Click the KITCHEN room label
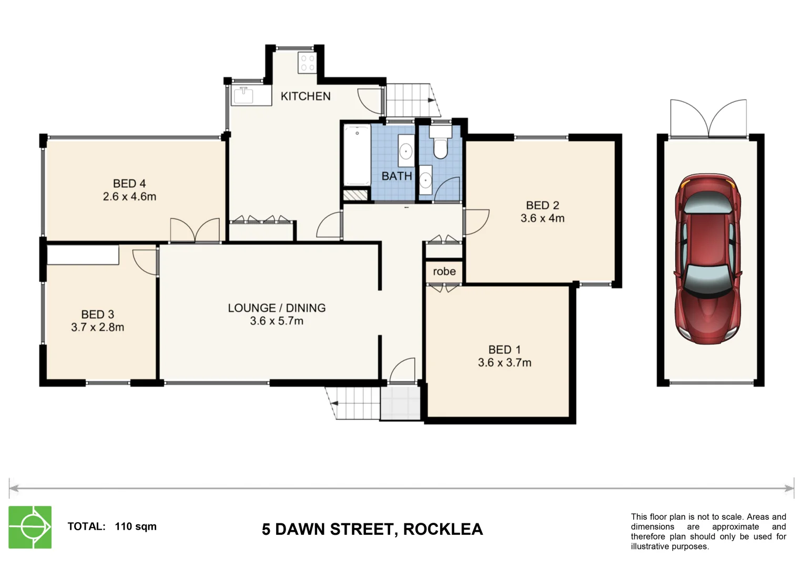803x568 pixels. (305, 96)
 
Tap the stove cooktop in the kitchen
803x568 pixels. (307, 63)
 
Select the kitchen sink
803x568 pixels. (243, 96)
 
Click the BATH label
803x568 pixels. (397, 176)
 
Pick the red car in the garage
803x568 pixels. (709, 259)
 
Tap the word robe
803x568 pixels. (444, 271)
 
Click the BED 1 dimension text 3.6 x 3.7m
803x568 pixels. (504, 362)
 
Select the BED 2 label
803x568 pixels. (542, 205)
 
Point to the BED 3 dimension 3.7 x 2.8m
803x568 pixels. (97, 327)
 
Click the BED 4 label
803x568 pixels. (129, 184)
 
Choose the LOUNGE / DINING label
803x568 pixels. (277, 308)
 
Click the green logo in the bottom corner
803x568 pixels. (30, 527)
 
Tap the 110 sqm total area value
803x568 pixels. (136, 526)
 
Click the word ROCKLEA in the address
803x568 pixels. (443, 529)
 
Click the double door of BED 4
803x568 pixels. (195, 230)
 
